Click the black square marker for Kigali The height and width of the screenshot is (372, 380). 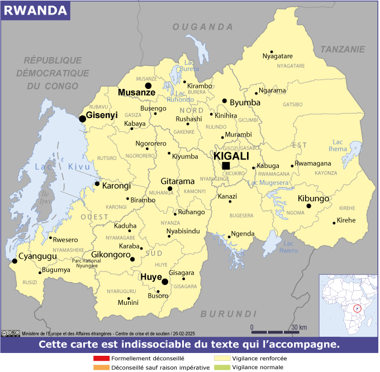(226, 166)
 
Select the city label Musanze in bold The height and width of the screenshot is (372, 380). (136, 92)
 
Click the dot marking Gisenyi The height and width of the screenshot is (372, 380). (82, 119)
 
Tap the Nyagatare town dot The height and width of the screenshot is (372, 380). (272, 51)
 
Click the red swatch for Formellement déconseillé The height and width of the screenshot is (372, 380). (101, 358)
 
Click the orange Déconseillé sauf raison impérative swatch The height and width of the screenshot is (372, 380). (101, 368)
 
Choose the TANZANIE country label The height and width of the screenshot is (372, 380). (342, 49)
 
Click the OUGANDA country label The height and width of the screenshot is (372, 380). (202, 27)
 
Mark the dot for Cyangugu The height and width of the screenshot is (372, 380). (14, 261)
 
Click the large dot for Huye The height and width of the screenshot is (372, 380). (165, 281)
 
